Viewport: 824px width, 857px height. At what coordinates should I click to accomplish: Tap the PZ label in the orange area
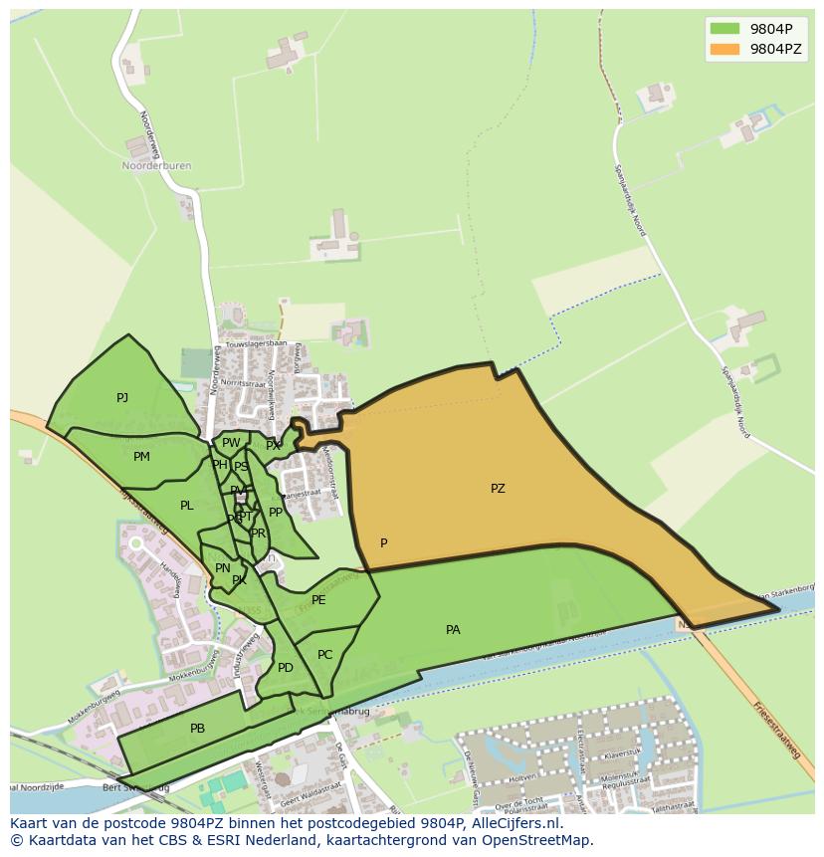[x=498, y=489]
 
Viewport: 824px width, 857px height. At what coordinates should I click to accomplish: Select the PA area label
[x=453, y=630]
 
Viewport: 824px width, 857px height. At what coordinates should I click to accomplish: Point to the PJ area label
[x=122, y=398]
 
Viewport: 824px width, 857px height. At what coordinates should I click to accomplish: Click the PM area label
[x=141, y=457]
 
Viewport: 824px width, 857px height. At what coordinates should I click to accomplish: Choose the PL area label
[x=187, y=506]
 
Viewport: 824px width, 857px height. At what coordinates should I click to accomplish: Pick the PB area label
[x=197, y=729]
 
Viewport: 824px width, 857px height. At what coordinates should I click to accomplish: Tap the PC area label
[x=324, y=655]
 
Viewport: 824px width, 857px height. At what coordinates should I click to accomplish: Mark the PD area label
[x=286, y=668]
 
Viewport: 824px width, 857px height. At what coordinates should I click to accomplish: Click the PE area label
[x=318, y=600]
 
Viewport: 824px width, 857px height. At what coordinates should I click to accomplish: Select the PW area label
[x=231, y=443]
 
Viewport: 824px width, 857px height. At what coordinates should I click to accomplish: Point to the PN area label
[x=223, y=568]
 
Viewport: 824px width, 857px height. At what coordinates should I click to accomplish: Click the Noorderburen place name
[x=156, y=166]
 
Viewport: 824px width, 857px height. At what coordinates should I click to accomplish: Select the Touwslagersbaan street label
[x=256, y=344]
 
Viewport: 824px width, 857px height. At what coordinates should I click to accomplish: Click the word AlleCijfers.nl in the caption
[x=515, y=823]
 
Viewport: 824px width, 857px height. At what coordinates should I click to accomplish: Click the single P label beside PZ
[x=384, y=543]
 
